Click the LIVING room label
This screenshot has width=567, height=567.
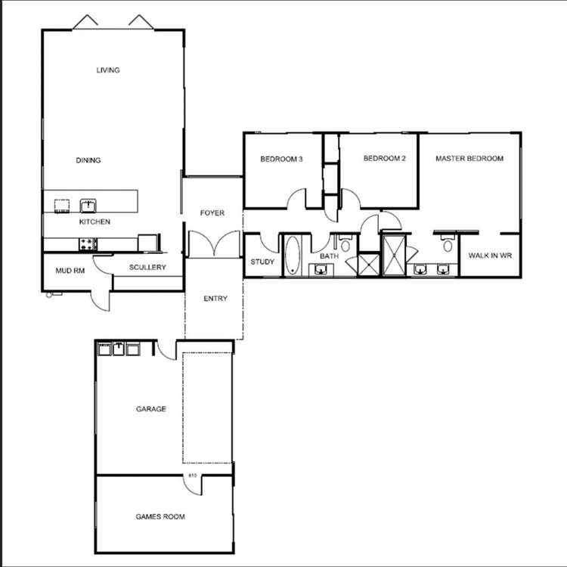click(x=108, y=70)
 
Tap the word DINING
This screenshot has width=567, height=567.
click(x=88, y=160)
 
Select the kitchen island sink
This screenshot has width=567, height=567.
click(x=88, y=204)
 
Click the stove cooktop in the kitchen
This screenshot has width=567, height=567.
click(x=88, y=243)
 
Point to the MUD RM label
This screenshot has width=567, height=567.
click(x=69, y=270)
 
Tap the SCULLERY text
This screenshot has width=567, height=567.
click(x=147, y=268)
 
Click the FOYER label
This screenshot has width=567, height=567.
click(x=212, y=213)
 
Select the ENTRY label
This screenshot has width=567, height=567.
click(x=215, y=299)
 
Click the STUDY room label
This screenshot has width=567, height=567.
click(x=262, y=262)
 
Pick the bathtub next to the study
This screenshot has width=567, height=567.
click(x=293, y=256)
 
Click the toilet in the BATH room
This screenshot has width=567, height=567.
click(x=345, y=243)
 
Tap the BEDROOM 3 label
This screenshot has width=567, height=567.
click(x=281, y=159)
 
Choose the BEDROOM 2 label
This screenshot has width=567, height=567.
click(x=385, y=159)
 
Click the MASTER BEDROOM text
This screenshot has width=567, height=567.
click(x=469, y=159)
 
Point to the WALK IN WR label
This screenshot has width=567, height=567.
click(x=490, y=256)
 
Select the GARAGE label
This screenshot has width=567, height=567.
click(x=151, y=409)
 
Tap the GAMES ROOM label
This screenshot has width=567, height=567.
click(x=160, y=517)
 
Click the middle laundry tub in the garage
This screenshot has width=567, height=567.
click(x=119, y=348)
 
